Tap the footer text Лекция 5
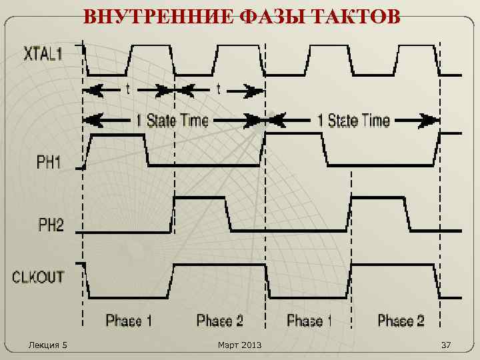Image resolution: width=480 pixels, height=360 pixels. click(x=48, y=345)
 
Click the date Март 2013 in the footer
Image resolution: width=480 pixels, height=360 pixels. click(x=240, y=345)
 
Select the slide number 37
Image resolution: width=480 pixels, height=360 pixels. click(x=446, y=345)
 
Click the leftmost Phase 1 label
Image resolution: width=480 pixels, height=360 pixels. click(x=128, y=321)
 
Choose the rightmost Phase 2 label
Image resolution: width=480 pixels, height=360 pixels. click(x=401, y=321)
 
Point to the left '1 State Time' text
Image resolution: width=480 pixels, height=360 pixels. click(x=172, y=121)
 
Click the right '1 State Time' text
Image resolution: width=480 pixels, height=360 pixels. click(x=353, y=121)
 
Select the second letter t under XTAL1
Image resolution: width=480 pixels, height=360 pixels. click(x=218, y=89)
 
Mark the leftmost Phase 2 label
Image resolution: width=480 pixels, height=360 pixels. click(x=219, y=321)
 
